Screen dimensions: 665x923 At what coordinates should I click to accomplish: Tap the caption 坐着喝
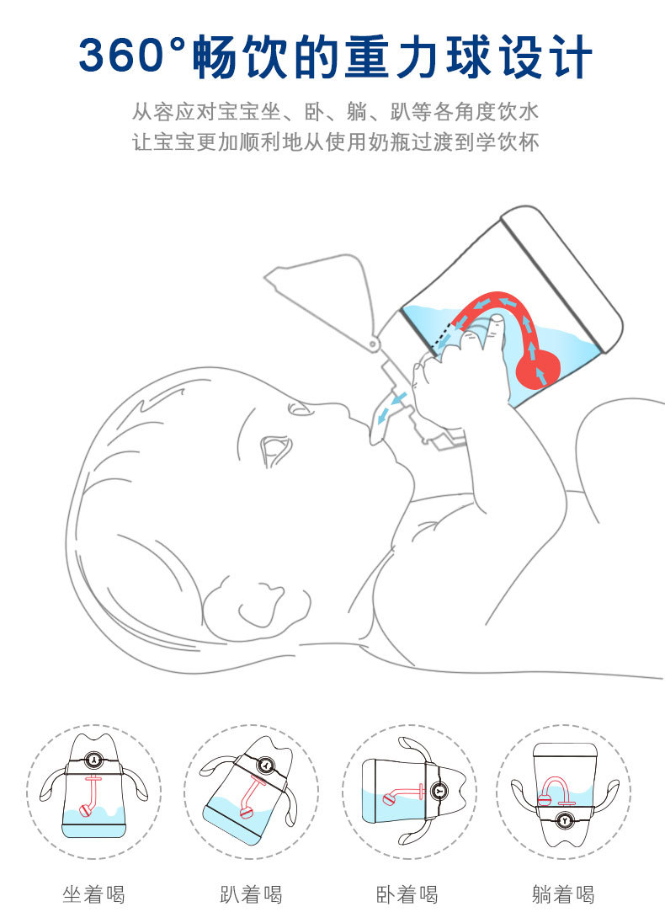[93, 895]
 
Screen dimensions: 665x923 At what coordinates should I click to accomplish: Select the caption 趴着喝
[251, 895]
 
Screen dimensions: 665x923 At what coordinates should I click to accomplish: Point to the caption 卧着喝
[407, 895]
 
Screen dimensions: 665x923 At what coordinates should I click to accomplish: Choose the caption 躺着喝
[563, 895]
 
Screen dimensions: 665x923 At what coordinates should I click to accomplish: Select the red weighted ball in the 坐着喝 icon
[86, 810]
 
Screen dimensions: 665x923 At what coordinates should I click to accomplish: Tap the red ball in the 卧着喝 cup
[390, 799]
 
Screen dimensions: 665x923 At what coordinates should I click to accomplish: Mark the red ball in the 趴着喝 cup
[247, 813]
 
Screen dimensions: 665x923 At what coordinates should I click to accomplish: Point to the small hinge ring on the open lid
[373, 344]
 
